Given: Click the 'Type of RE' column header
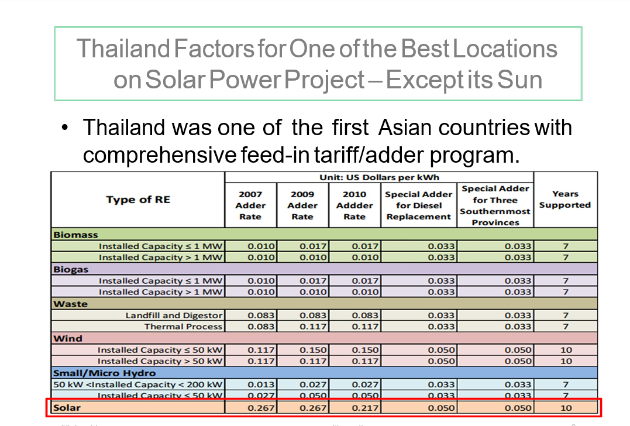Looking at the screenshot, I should click(138, 200).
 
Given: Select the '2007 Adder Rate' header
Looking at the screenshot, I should click(250, 205).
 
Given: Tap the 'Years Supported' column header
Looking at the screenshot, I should click(564, 200).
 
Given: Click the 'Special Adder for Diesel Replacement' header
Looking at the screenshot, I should click(418, 205).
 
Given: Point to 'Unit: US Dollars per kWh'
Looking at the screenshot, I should click(379, 177).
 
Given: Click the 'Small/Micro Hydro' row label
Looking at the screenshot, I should click(104, 373).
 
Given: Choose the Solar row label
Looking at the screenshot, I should click(66, 407).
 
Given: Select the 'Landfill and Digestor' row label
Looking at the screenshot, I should click(174, 315).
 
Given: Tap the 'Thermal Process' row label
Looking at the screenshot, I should click(183, 327).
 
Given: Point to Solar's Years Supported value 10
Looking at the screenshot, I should click(566, 408).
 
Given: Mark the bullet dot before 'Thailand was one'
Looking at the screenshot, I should click(66, 128).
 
